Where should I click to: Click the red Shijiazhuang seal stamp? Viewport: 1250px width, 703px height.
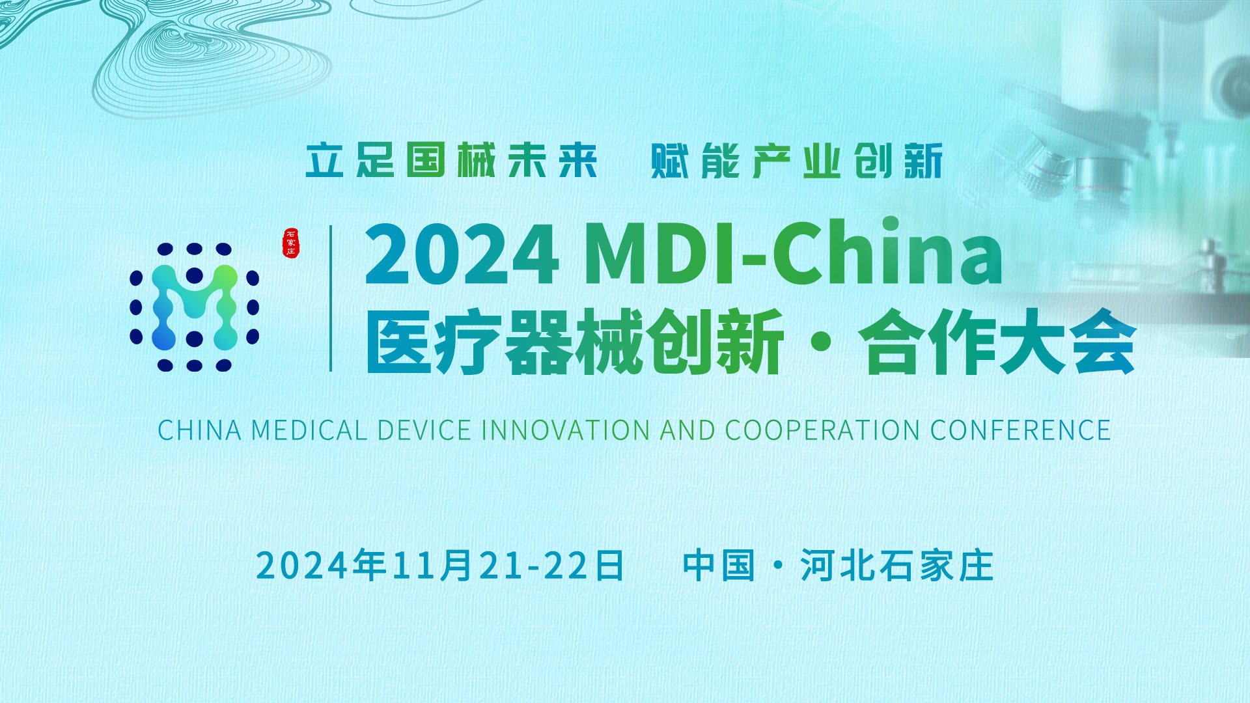pos(291,243)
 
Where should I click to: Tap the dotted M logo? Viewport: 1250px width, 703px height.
pos(195,307)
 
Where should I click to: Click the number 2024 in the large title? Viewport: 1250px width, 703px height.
pos(462,254)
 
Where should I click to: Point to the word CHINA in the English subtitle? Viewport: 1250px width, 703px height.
pos(200,430)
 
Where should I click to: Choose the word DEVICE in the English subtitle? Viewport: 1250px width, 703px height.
pos(424,430)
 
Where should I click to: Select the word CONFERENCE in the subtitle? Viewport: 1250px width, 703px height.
pos(1021,430)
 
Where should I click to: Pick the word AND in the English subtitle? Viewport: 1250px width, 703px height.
pos(687,430)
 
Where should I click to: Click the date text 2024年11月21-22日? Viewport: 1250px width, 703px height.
pos(440,565)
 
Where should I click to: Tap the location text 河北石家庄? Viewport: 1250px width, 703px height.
pos(897,565)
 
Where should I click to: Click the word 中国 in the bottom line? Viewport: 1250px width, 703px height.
pos(719,565)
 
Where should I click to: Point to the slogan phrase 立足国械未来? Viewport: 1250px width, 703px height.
pos(451,160)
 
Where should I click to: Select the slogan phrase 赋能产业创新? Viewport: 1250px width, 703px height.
pos(797,160)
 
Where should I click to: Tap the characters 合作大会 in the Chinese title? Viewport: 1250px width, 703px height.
pos(997,342)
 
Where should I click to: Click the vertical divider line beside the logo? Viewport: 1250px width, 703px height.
pos(331,298)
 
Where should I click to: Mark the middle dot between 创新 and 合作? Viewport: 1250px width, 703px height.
pos(822,342)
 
